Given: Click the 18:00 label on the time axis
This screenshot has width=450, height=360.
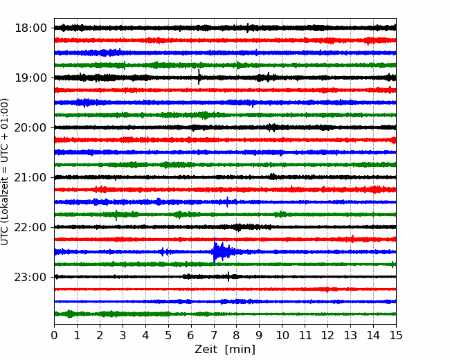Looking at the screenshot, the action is (x=30, y=28).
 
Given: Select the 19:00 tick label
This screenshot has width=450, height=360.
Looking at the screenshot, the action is (x=30, y=78).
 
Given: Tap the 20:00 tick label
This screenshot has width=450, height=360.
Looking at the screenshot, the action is (x=30, y=127).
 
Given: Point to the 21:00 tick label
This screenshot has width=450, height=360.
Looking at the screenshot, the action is (x=30, y=177).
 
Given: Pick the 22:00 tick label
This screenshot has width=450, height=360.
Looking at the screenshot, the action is (x=30, y=227).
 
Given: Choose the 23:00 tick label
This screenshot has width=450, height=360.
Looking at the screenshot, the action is (x=30, y=277).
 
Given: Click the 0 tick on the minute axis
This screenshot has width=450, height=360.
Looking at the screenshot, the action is (x=54, y=335).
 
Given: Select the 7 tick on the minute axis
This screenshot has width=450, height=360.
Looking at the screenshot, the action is (x=214, y=335).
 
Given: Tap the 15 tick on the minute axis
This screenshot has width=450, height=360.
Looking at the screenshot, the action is (x=396, y=335).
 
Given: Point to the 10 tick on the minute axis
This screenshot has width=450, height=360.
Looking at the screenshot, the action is (x=282, y=335).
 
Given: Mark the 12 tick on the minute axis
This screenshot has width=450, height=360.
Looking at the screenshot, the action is (x=327, y=335).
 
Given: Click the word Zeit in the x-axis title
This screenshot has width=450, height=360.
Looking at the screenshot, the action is (x=205, y=350).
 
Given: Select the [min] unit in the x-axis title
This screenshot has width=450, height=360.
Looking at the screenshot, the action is (x=240, y=350).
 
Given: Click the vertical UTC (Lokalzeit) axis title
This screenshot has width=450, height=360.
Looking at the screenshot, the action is (x=5, y=172).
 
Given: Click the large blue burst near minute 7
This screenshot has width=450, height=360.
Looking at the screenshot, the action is (x=222, y=251).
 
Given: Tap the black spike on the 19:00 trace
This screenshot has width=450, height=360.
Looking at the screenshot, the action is (x=199, y=77).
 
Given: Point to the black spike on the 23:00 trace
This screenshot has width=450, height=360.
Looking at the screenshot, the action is (x=228, y=276).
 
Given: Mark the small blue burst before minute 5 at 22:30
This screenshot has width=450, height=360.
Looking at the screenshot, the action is (x=163, y=252).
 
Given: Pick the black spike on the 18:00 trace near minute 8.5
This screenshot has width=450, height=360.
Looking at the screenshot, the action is (x=248, y=28).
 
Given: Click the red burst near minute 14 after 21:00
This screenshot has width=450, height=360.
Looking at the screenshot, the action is (x=375, y=190).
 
